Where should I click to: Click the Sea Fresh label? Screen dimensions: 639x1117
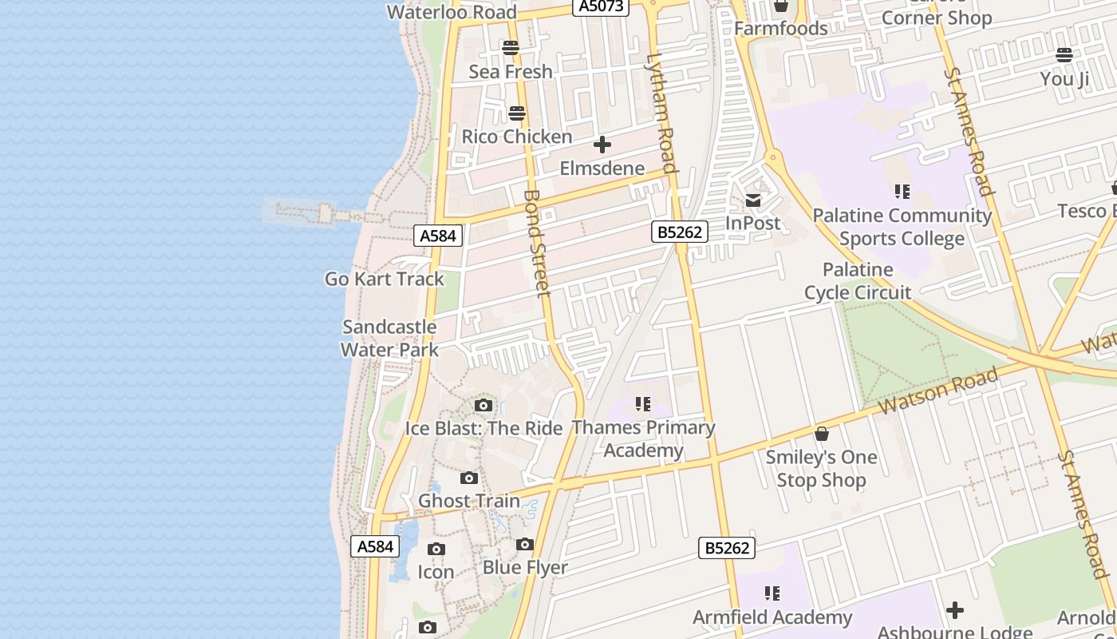click(511, 72)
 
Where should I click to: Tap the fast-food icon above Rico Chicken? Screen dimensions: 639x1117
click(517, 113)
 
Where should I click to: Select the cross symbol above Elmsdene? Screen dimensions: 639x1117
click(602, 145)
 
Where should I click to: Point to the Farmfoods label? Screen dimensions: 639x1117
click(780, 29)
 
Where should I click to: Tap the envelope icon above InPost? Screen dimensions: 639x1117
click(753, 200)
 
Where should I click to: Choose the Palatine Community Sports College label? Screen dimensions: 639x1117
click(902, 227)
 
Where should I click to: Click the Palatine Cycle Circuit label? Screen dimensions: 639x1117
click(858, 281)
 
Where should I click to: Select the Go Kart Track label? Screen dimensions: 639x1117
click(385, 279)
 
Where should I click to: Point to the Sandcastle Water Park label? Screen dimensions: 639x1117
click(389, 338)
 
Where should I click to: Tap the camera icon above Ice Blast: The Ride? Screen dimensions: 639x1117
click(484, 405)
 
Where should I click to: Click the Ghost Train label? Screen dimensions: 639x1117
click(469, 501)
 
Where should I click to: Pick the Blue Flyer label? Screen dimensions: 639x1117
click(525, 568)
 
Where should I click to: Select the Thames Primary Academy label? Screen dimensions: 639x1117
click(643, 439)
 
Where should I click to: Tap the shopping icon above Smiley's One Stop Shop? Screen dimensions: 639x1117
click(822, 434)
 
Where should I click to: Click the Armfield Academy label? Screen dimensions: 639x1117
click(772, 617)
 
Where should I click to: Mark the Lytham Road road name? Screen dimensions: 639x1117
click(662, 112)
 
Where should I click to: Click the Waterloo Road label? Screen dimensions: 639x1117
click(452, 12)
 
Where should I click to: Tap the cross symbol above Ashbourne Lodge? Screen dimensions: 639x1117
click(954, 611)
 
